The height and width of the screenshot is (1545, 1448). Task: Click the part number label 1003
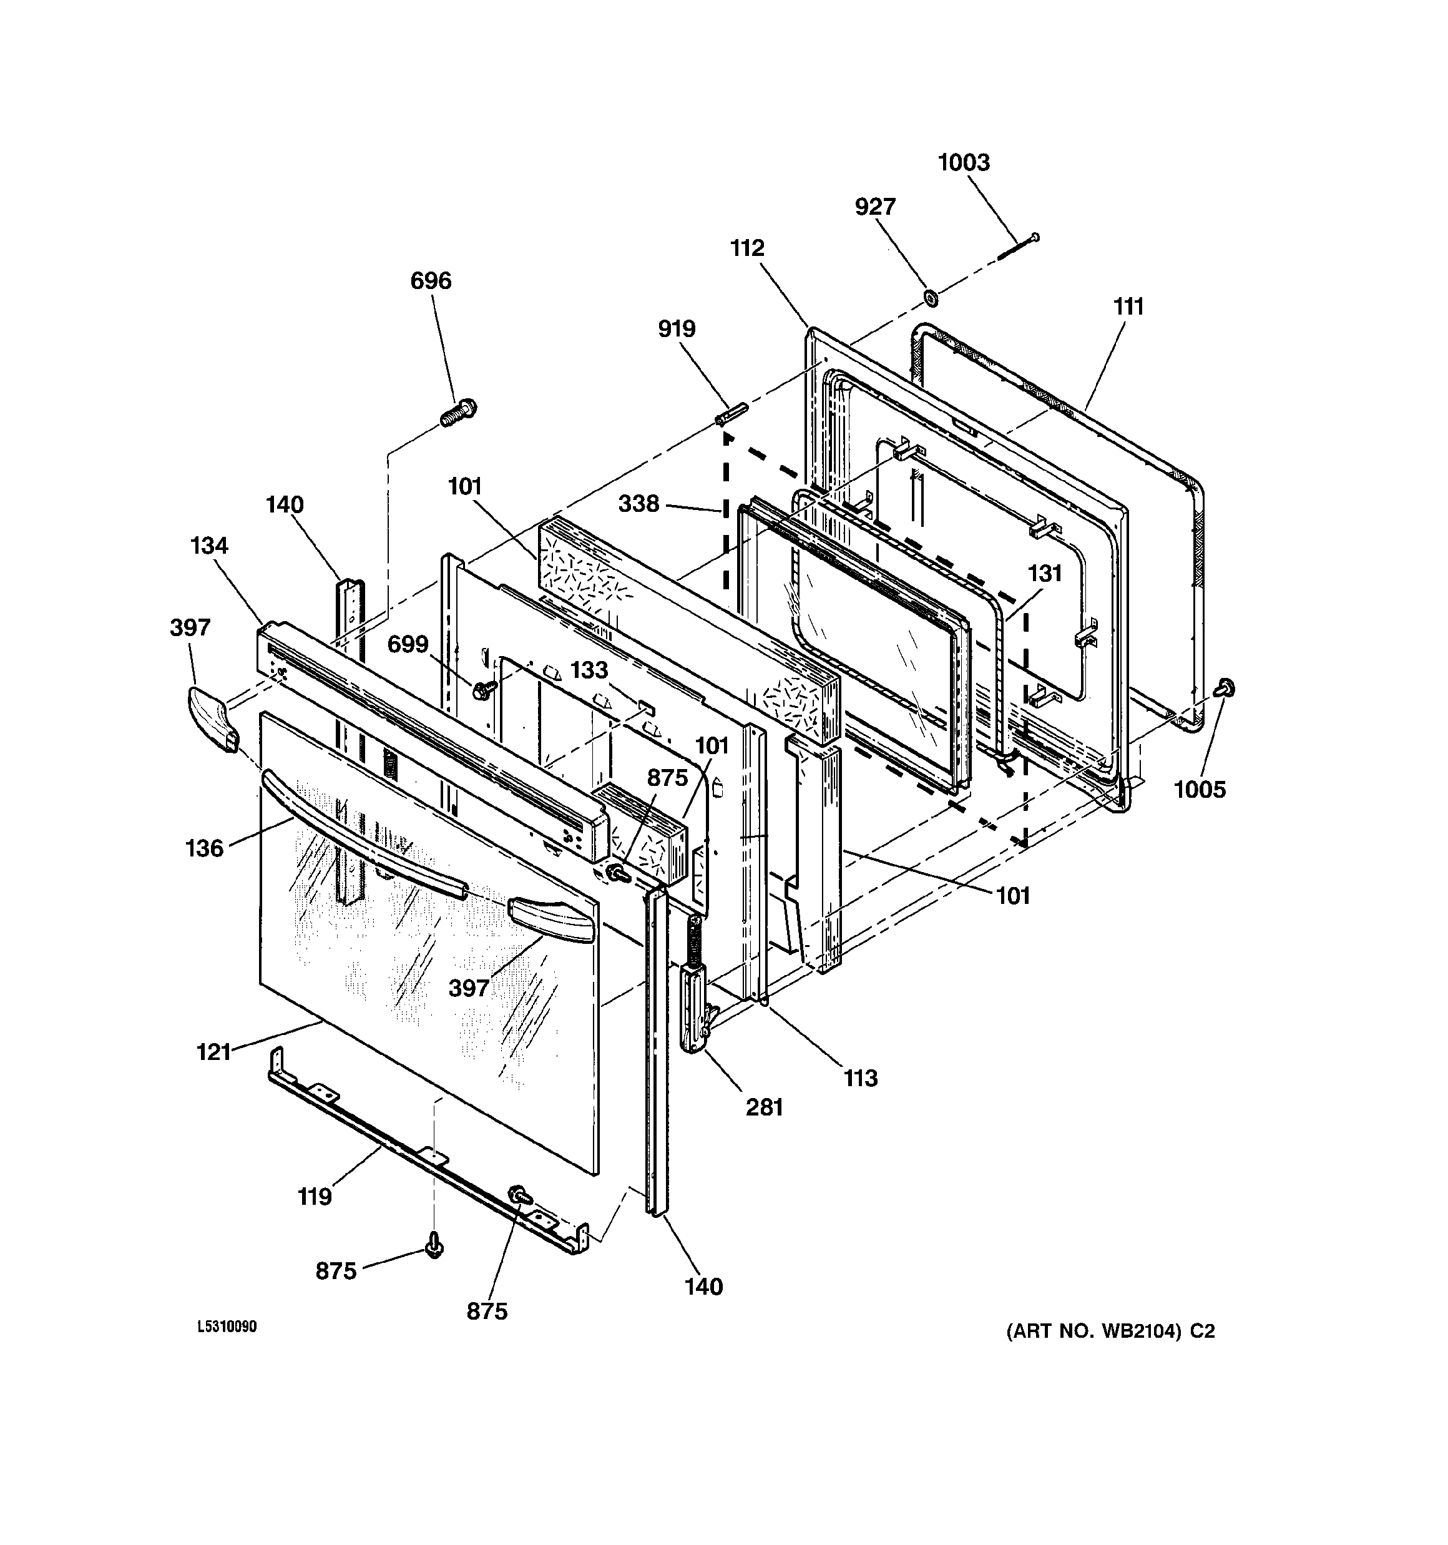click(963, 163)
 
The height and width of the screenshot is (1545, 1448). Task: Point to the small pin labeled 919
click(730, 413)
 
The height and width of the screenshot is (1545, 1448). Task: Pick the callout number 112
click(747, 248)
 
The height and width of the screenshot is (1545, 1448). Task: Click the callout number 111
click(1128, 308)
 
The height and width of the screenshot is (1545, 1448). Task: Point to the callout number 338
click(639, 504)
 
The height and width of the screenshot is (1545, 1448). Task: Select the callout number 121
click(213, 1052)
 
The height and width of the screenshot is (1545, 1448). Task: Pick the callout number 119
click(315, 1197)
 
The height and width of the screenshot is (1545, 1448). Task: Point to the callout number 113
click(861, 1078)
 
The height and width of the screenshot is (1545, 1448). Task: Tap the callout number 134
click(209, 546)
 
